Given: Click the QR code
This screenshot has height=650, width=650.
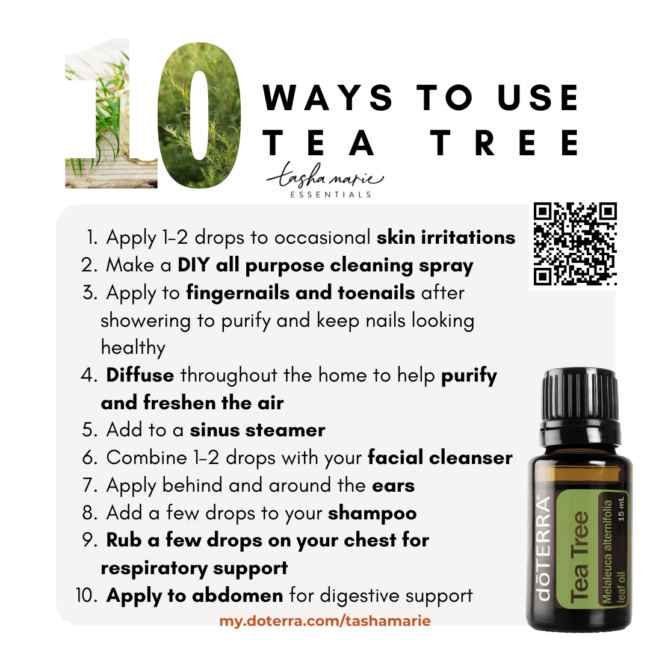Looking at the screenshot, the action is pyautogui.click(x=575, y=244).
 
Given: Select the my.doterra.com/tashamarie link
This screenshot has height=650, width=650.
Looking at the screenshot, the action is pyautogui.click(x=325, y=621).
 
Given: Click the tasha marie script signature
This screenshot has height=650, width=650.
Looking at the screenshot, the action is pyautogui.click(x=325, y=176).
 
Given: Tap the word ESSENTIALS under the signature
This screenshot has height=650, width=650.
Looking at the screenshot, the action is pyautogui.click(x=330, y=194).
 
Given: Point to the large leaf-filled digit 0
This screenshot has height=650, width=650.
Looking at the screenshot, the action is pyautogui.click(x=199, y=115).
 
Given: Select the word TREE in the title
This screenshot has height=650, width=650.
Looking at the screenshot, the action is pyautogui.click(x=504, y=143).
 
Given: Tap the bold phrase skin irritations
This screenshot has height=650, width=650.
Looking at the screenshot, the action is pyautogui.click(x=446, y=238).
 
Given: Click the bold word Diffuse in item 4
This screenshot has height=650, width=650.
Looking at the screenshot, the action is pyautogui.click(x=140, y=375).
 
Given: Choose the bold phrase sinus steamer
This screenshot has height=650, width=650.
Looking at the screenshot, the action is pyautogui.click(x=258, y=430).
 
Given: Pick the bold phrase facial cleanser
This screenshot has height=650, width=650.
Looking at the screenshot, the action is pyautogui.click(x=440, y=457).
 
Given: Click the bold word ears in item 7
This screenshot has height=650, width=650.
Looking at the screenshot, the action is pyautogui.click(x=394, y=486).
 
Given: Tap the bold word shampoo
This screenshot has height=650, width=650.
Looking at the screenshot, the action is pyautogui.click(x=373, y=514).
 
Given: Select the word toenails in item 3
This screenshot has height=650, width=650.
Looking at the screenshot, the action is pyautogui.click(x=376, y=292).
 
